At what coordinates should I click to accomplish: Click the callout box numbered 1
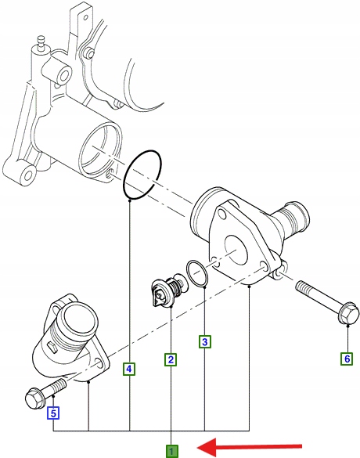click(x=171, y=451)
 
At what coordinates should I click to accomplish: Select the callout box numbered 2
click(x=171, y=359)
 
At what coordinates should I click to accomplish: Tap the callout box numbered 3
click(x=205, y=342)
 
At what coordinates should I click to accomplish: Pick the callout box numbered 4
click(x=129, y=370)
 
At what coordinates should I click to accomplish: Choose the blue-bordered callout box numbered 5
click(x=53, y=413)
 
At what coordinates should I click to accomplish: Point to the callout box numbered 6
click(x=347, y=359)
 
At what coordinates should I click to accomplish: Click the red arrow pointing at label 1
click(x=250, y=447)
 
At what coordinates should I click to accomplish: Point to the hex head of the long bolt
click(x=348, y=313)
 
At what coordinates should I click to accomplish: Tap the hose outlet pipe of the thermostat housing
click(x=292, y=216)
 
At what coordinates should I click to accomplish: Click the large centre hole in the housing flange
click(x=236, y=251)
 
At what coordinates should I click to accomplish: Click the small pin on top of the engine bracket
click(x=41, y=42)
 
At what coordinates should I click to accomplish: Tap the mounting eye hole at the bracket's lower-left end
click(x=28, y=175)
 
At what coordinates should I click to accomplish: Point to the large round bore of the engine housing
click(x=101, y=151)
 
